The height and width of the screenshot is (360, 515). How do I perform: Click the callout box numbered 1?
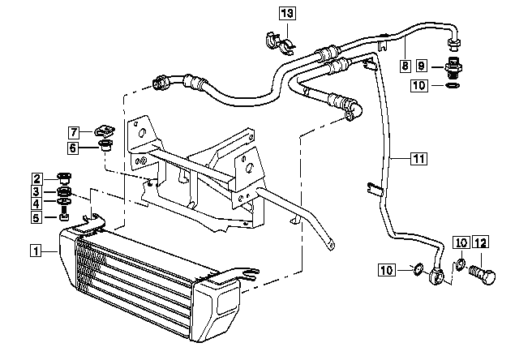[36, 251]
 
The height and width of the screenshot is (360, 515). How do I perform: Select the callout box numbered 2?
[37, 179]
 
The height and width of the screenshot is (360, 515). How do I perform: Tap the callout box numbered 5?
[36, 217]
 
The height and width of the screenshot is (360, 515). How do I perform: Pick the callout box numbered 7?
[74, 132]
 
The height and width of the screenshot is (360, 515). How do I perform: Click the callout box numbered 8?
[406, 66]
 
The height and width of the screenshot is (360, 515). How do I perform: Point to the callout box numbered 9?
[422, 66]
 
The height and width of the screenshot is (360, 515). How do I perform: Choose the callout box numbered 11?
[419, 159]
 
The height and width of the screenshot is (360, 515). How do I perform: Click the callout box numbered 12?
[481, 243]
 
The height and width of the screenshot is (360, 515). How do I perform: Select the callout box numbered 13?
[287, 14]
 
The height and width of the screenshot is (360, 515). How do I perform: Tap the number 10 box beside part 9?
[419, 86]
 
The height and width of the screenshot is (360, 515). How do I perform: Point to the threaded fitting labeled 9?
[453, 68]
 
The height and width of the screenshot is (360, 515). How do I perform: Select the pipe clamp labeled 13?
[279, 43]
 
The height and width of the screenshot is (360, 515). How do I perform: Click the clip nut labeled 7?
[105, 131]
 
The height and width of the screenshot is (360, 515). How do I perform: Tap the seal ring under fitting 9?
[453, 86]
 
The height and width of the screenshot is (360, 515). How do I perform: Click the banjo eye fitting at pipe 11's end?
[436, 276]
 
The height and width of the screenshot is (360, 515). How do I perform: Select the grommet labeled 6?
[105, 145]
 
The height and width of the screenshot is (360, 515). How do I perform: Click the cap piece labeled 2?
[64, 178]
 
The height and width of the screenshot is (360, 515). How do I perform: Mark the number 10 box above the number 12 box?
[461, 243]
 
